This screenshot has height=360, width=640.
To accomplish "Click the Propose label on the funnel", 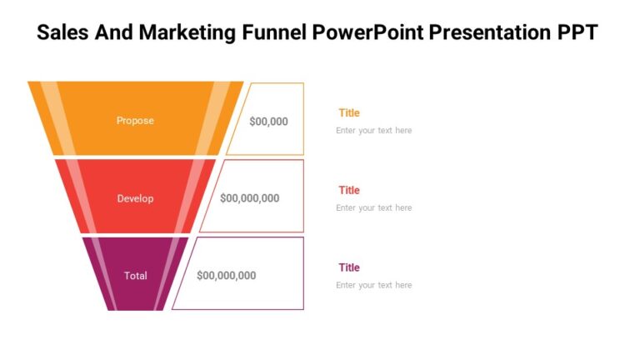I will (x=135, y=121).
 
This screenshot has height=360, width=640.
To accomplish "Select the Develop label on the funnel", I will (x=135, y=198).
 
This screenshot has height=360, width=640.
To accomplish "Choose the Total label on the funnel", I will (x=135, y=276).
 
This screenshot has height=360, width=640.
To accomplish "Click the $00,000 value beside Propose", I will (x=268, y=121).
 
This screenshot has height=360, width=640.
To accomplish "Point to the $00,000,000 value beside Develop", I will (x=249, y=198).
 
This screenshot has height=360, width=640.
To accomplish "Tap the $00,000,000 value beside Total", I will (x=226, y=276).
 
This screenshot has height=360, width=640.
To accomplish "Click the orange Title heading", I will (x=349, y=112).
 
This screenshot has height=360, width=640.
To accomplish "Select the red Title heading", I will (x=349, y=190).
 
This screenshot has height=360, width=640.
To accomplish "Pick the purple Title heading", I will (x=349, y=267).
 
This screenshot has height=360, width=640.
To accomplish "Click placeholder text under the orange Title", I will (x=373, y=131).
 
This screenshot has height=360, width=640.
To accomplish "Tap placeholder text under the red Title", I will (x=373, y=208).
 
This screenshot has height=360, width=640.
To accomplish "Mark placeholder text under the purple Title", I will (x=373, y=286).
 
